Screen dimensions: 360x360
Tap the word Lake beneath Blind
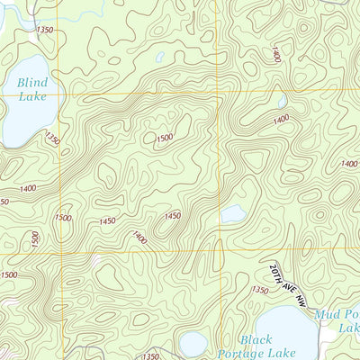33,99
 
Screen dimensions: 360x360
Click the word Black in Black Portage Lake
256,339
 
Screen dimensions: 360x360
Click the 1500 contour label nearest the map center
164,138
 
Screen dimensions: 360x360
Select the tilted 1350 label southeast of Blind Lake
52,140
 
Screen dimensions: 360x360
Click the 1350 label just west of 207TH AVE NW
260,290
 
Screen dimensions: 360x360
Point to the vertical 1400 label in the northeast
274,54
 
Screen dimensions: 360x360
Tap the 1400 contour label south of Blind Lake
26,187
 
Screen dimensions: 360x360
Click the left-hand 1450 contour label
106,220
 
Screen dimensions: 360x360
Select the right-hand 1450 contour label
173,216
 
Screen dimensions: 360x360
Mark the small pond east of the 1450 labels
233,213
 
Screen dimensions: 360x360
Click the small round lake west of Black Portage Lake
193,343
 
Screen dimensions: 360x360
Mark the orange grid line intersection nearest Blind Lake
60,93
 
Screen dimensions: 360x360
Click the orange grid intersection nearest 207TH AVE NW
221,252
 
